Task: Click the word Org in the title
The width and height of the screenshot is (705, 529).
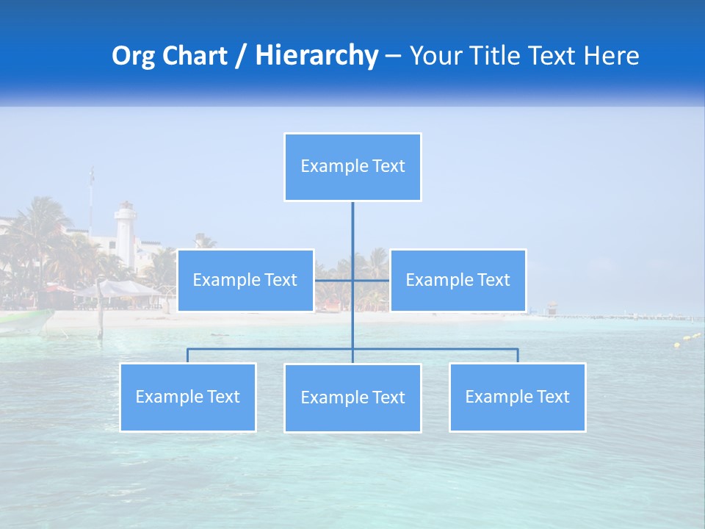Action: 133,56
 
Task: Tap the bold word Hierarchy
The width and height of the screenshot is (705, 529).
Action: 317,56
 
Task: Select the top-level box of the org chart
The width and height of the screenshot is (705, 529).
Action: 352,167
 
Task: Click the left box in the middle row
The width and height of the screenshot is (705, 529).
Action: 245,280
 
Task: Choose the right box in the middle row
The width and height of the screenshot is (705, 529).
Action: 458,280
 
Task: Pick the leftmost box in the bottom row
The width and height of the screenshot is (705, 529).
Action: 187,397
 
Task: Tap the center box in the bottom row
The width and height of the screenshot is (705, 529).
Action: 352,397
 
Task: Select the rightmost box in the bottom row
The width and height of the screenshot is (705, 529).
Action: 517,397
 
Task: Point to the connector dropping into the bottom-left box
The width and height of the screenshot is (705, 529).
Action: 187,356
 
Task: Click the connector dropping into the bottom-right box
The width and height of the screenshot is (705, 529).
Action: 518,356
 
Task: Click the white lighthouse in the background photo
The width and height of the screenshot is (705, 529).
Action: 126,235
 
